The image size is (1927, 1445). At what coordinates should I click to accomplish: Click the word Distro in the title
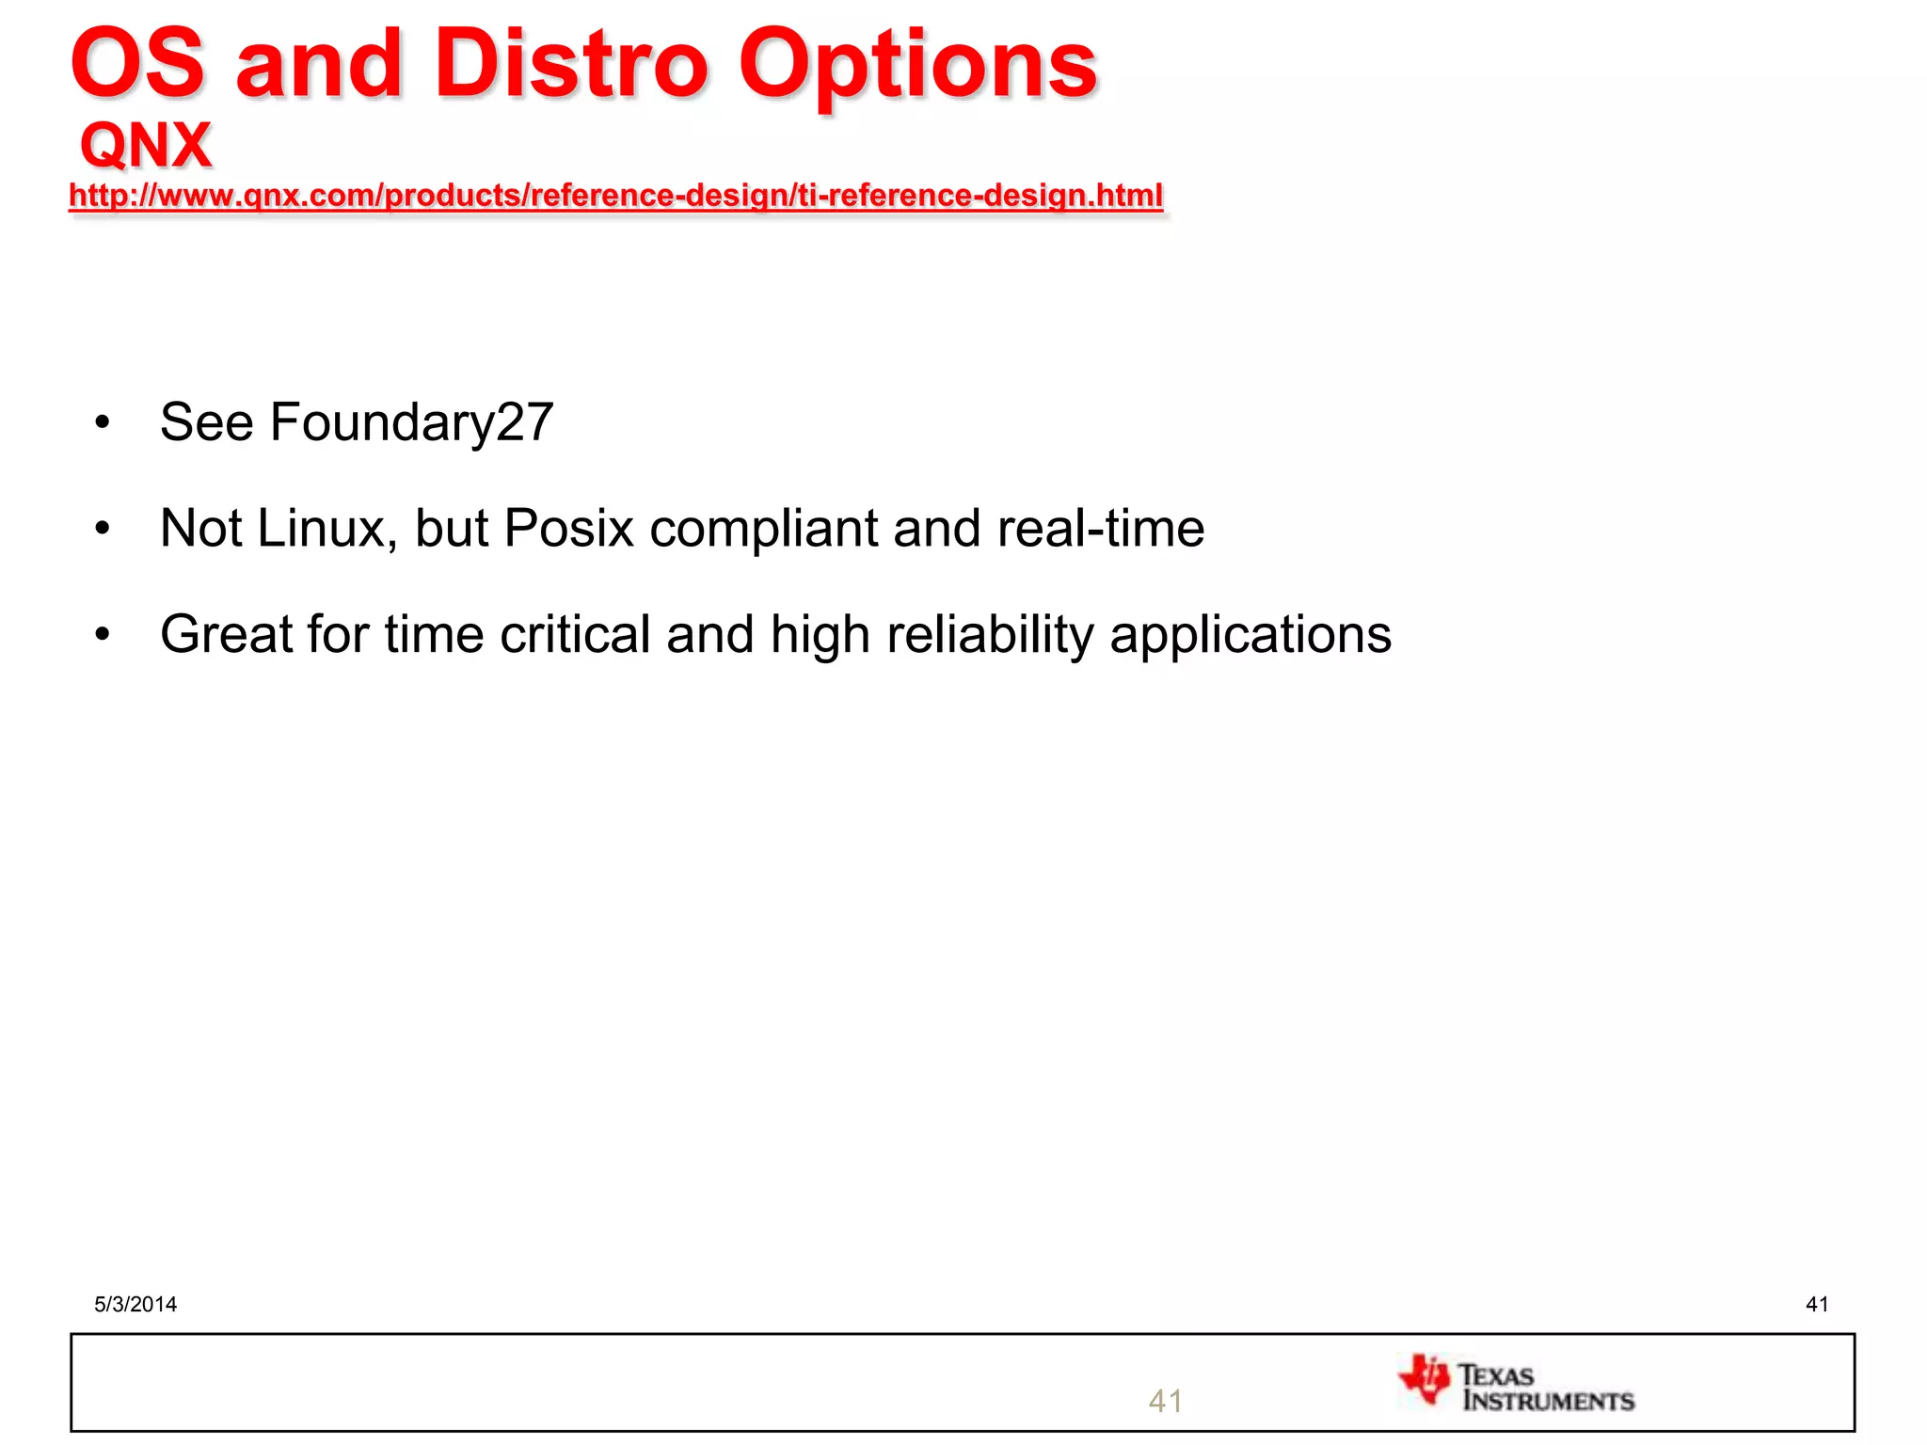click(570, 64)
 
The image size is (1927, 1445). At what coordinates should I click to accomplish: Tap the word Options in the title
click(917, 66)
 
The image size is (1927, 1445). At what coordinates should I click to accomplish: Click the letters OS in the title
click(137, 64)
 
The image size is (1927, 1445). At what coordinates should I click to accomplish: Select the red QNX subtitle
click(146, 146)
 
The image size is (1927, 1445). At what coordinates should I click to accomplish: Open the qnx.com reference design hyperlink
click(615, 196)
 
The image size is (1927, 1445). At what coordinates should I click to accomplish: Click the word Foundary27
click(411, 422)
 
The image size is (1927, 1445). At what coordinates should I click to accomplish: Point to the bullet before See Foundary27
click(103, 423)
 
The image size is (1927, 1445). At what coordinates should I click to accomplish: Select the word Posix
click(568, 528)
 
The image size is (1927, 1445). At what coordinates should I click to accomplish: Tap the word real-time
click(1100, 528)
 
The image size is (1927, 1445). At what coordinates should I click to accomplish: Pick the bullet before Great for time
click(103, 635)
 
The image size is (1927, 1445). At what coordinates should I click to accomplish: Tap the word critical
click(575, 635)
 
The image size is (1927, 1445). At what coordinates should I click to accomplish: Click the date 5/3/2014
click(135, 1304)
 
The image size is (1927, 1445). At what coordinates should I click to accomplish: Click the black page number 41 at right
click(1817, 1304)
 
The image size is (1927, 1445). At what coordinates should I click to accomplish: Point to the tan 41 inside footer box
click(1165, 1402)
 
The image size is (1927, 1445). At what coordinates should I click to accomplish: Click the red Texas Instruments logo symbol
click(1425, 1379)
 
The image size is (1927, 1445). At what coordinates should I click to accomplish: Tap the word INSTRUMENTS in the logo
click(1548, 1402)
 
